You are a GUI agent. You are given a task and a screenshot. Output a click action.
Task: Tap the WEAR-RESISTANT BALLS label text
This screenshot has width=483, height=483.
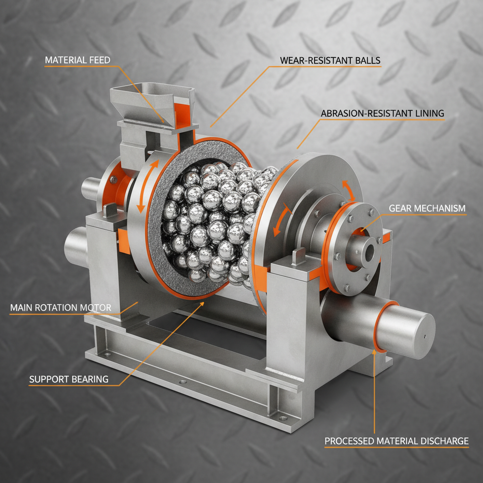point(330,60)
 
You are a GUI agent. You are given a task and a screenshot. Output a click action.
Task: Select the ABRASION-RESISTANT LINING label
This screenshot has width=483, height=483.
point(382,114)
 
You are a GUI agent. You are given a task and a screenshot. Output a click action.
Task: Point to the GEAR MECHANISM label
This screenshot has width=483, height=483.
point(427,208)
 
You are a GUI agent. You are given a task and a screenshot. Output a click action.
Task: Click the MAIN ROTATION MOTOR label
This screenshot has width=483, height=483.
point(60,308)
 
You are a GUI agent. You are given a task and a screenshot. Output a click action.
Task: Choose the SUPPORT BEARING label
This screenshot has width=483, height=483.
point(69,379)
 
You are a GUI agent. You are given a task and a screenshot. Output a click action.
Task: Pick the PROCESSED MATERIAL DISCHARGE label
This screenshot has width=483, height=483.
point(396,441)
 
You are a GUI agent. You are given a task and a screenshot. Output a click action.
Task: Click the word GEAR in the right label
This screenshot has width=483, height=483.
point(400,208)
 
